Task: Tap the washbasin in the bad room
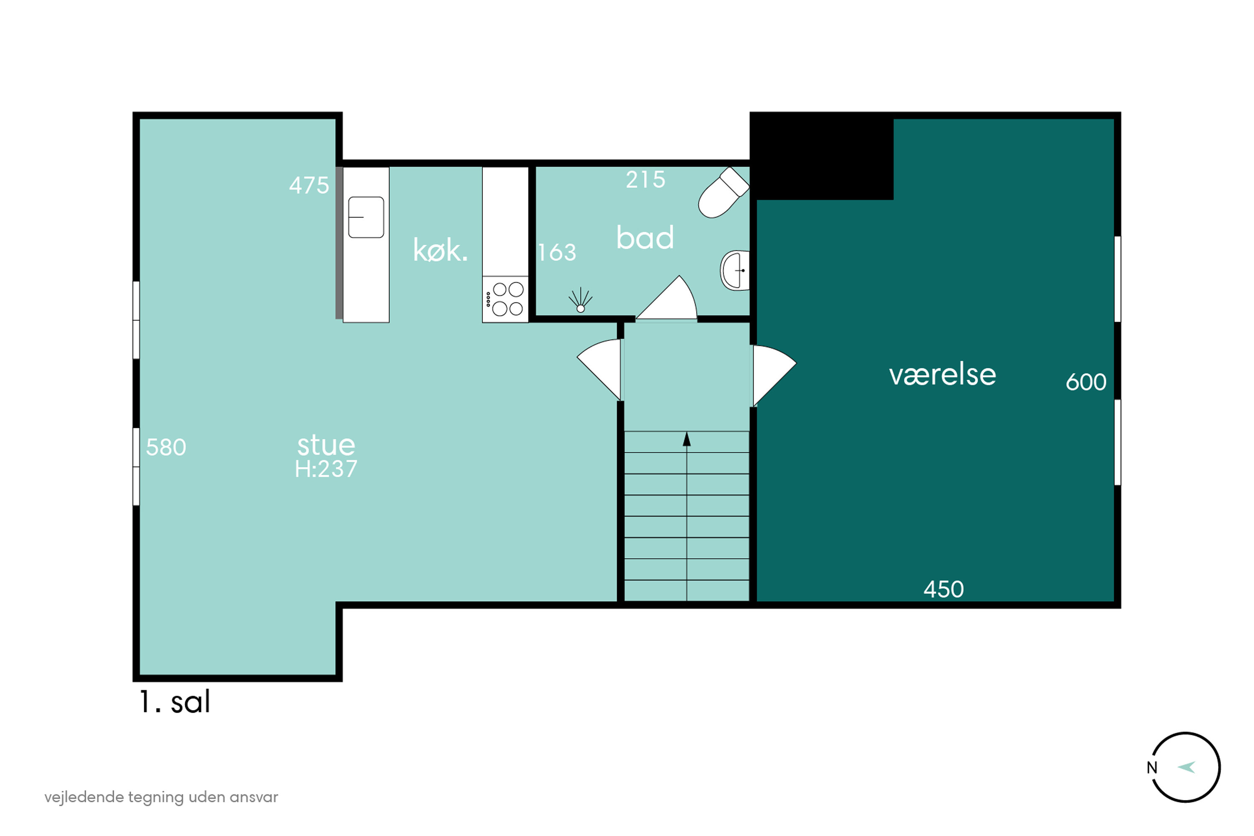734,270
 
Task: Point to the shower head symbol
580,300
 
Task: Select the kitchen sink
366,217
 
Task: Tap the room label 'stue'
326,445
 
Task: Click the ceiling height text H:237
326,469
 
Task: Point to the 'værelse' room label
942,375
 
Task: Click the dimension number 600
1086,382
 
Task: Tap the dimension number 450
943,590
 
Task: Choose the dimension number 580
166,447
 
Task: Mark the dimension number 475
309,186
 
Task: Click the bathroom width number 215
645,180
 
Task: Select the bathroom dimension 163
557,253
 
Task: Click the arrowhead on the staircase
686,439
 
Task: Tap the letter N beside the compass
1152,768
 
